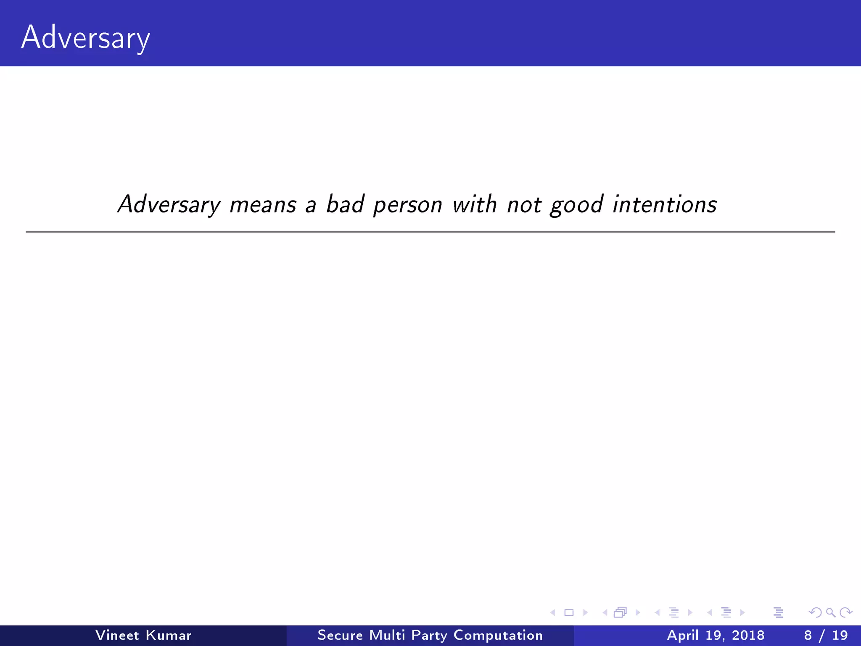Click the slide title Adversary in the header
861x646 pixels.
pyautogui.click(x=85, y=38)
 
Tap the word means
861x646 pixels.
pyautogui.click(x=263, y=205)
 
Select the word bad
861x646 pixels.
pyautogui.click(x=345, y=204)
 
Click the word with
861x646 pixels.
pyautogui.click(x=475, y=204)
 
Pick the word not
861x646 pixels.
pyautogui.click(x=524, y=205)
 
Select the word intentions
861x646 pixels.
pyautogui.click(x=665, y=204)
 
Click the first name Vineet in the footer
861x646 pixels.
pyautogui.click(x=117, y=635)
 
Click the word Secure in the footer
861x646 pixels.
pyautogui.click(x=340, y=635)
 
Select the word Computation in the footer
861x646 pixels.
pyautogui.click(x=498, y=635)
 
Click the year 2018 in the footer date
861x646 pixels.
pyautogui.click(x=748, y=635)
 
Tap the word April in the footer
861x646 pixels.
pyautogui.click(x=683, y=635)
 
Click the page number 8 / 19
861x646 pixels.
pyautogui.click(x=826, y=635)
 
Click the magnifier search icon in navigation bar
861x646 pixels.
pyautogui.click(x=830, y=612)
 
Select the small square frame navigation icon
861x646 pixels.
pyautogui.click(x=569, y=612)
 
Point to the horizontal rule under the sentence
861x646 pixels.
pyautogui.click(x=430, y=232)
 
